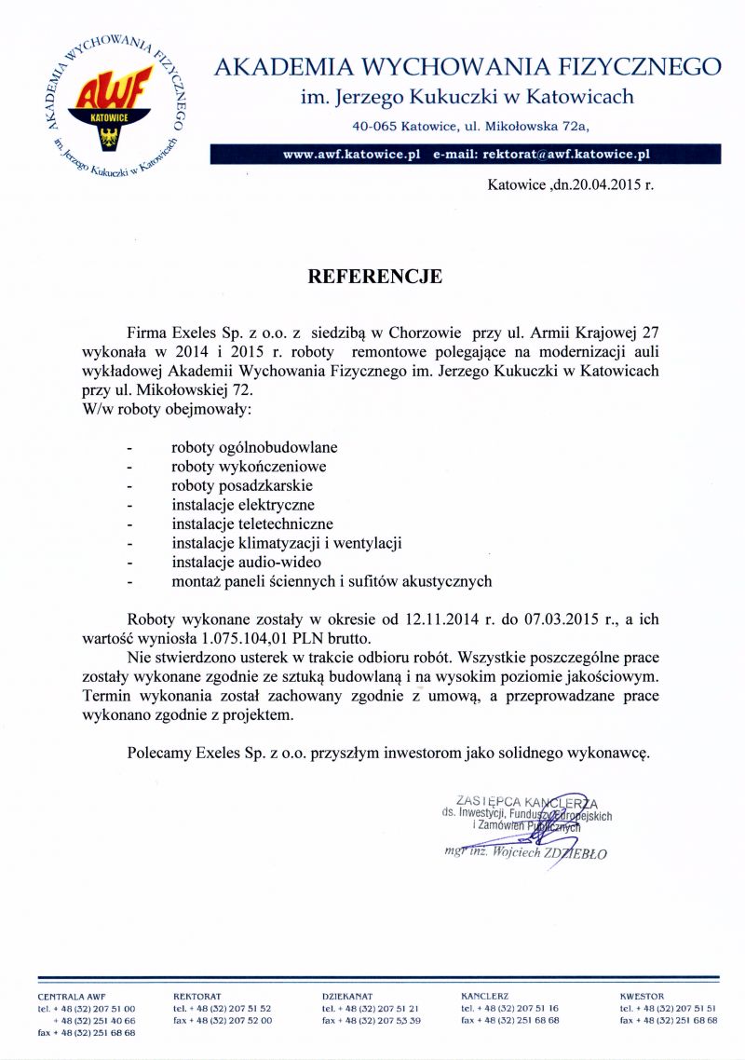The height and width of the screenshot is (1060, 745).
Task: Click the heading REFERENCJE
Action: pyautogui.click(x=375, y=277)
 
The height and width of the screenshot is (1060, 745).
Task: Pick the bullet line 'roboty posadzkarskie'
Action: pyautogui.click(x=242, y=485)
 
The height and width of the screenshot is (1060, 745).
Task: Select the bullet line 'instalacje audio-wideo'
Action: pyautogui.click(x=246, y=563)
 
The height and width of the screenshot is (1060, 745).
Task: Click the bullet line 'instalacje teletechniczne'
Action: pyautogui.click(x=252, y=524)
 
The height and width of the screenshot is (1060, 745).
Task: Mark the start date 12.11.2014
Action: pyautogui.click(x=441, y=618)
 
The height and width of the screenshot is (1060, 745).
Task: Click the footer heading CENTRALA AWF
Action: pyautogui.click(x=64, y=997)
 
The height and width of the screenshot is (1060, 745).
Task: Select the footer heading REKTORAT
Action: pyautogui.click(x=197, y=997)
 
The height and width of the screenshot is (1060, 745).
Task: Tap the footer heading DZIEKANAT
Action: pyautogui.click(x=347, y=997)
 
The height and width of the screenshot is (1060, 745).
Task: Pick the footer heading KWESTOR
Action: pyautogui.click(x=643, y=997)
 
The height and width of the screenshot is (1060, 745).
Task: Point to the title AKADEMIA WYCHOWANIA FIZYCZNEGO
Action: pyautogui.click(x=467, y=67)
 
